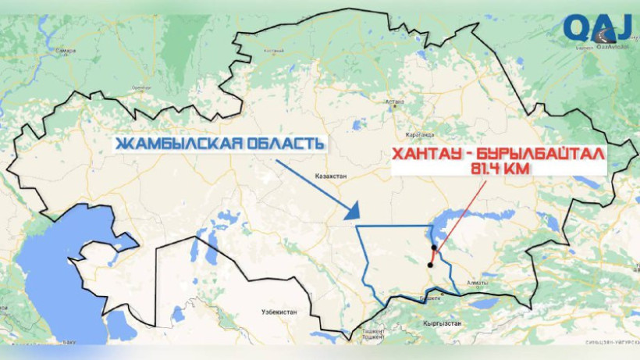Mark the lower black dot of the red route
tap(430, 265)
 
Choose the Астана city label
tap(396, 102)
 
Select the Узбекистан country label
tap(279, 312)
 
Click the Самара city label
tap(66, 51)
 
